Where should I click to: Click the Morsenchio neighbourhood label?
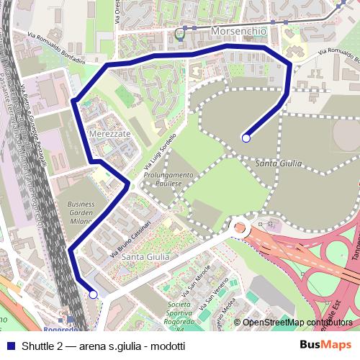(x=238, y=32)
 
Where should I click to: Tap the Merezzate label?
(x=109, y=134)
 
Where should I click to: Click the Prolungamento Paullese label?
(x=168, y=179)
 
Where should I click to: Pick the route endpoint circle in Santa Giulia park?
(x=246, y=138)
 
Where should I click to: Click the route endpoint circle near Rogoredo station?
(x=93, y=294)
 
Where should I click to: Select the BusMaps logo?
(x=325, y=345)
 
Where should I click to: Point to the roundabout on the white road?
(x=239, y=230)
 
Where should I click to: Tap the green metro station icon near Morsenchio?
(x=179, y=32)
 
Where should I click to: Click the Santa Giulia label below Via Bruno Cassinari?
(x=145, y=256)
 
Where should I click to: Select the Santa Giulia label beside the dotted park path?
(x=278, y=164)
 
